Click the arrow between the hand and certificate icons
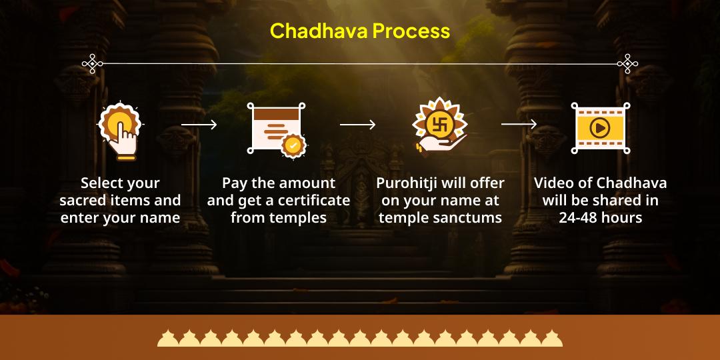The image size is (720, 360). (x=199, y=125)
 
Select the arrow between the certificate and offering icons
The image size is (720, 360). (x=357, y=125)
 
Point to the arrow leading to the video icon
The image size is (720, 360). (x=519, y=124)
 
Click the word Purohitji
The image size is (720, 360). (x=406, y=183)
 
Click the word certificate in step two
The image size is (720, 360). (x=318, y=201)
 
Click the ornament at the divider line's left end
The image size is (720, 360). (x=92, y=64)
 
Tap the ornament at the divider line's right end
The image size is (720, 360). (x=627, y=64)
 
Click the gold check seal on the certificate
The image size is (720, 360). (x=293, y=145)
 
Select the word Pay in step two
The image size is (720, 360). (x=234, y=183)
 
